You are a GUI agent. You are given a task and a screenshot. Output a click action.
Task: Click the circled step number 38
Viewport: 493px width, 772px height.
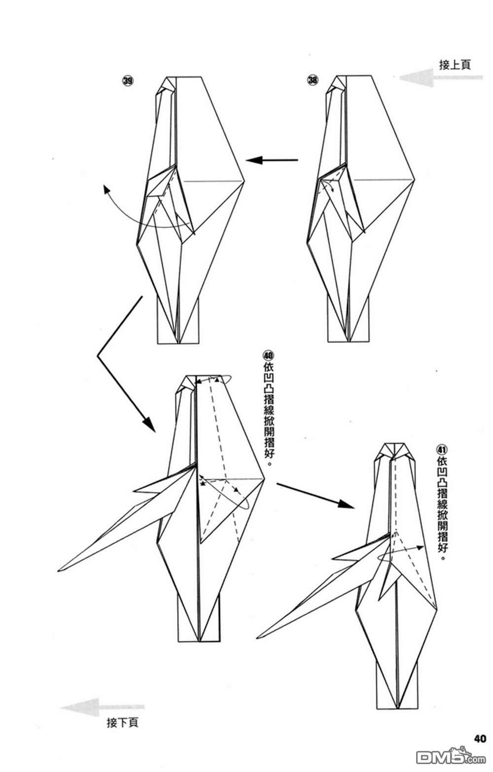pos(313,81)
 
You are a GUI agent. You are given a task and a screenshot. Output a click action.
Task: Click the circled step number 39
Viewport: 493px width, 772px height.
pos(128,81)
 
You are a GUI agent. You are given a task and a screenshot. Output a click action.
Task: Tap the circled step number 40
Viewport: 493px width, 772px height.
pos(268,355)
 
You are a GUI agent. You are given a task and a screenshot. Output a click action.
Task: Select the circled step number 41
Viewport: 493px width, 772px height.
pos(442,450)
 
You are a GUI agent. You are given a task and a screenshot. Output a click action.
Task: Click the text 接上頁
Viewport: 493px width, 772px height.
pos(455,65)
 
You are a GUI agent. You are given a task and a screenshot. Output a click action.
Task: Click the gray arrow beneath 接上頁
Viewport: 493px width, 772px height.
pos(441,77)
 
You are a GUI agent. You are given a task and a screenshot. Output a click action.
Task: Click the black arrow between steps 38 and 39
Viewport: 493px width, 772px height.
pos(272,160)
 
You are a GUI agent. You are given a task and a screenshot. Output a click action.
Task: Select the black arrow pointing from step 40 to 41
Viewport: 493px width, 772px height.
pos(316,495)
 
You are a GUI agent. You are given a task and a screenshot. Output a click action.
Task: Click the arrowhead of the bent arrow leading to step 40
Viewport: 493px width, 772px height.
pos(150,424)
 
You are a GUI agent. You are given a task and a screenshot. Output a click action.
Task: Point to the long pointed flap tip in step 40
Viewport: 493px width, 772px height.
pos(58,571)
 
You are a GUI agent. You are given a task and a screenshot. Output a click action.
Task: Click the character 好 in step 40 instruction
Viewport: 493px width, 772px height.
pos(268,453)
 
